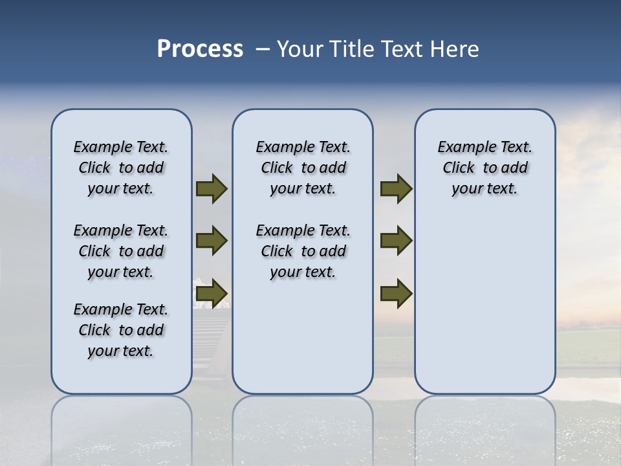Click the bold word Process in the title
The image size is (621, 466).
(200, 49)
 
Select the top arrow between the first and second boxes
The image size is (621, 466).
(212, 189)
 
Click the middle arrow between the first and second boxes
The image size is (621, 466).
(212, 241)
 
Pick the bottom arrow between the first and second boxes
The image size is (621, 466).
(212, 294)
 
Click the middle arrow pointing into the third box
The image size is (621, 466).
(396, 241)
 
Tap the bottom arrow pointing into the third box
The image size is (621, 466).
(396, 294)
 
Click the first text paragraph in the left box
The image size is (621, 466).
(121, 168)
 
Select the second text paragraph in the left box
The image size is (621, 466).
(121, 251)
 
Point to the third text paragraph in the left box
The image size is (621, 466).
(121, 330)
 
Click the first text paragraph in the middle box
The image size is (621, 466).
(303, 168)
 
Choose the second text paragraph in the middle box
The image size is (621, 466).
(303, 251)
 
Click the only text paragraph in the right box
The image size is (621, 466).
(485, 168)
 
